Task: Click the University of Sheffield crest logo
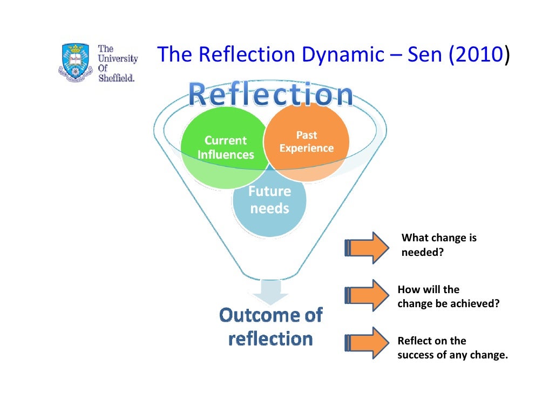[x=74, y=62]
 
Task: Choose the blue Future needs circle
[x=269, y=208]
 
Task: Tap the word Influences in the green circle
[x=226, y=155]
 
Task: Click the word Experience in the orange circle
[x=307, y=148]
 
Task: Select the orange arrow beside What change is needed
[x=367, y=247]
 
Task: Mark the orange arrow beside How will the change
[x=367, y=295]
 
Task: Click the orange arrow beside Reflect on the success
[x=367, y=342]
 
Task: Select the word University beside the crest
[x=118, y=58]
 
